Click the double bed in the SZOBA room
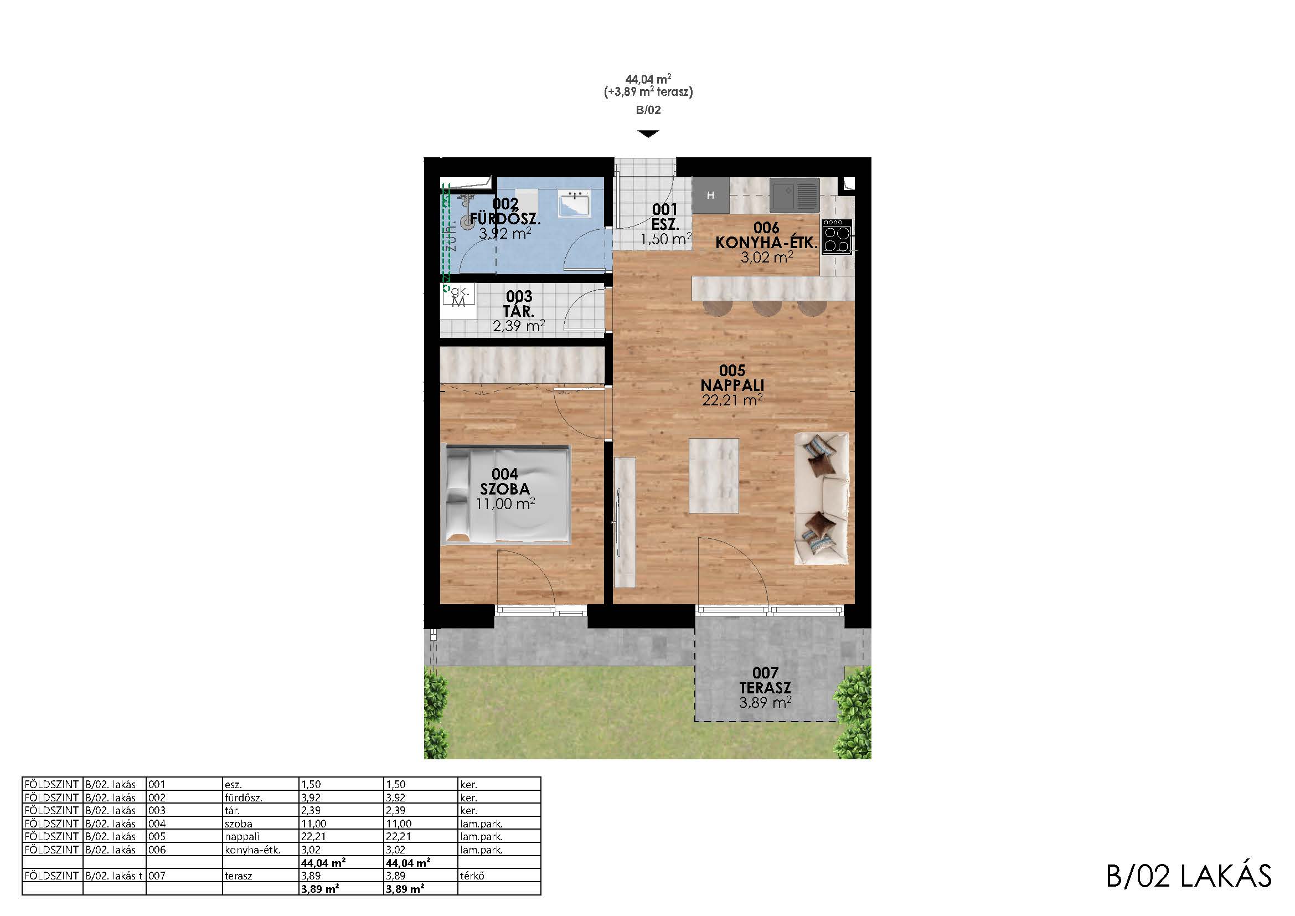coord(506,495)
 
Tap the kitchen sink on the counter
coord(794,194)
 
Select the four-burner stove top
coord(837,237)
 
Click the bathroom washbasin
coord(574,204)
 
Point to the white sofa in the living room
coord(821,498)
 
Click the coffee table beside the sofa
coord(714,476)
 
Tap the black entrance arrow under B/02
coord(648,133)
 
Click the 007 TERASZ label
coord(765,680)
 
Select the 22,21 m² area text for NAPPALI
coord(732,400)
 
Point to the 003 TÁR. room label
coord(519,303)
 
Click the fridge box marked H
coord(711,195)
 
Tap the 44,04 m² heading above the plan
coord(648,79)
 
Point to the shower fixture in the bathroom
coord(466,211)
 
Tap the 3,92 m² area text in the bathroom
coord(505,234)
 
